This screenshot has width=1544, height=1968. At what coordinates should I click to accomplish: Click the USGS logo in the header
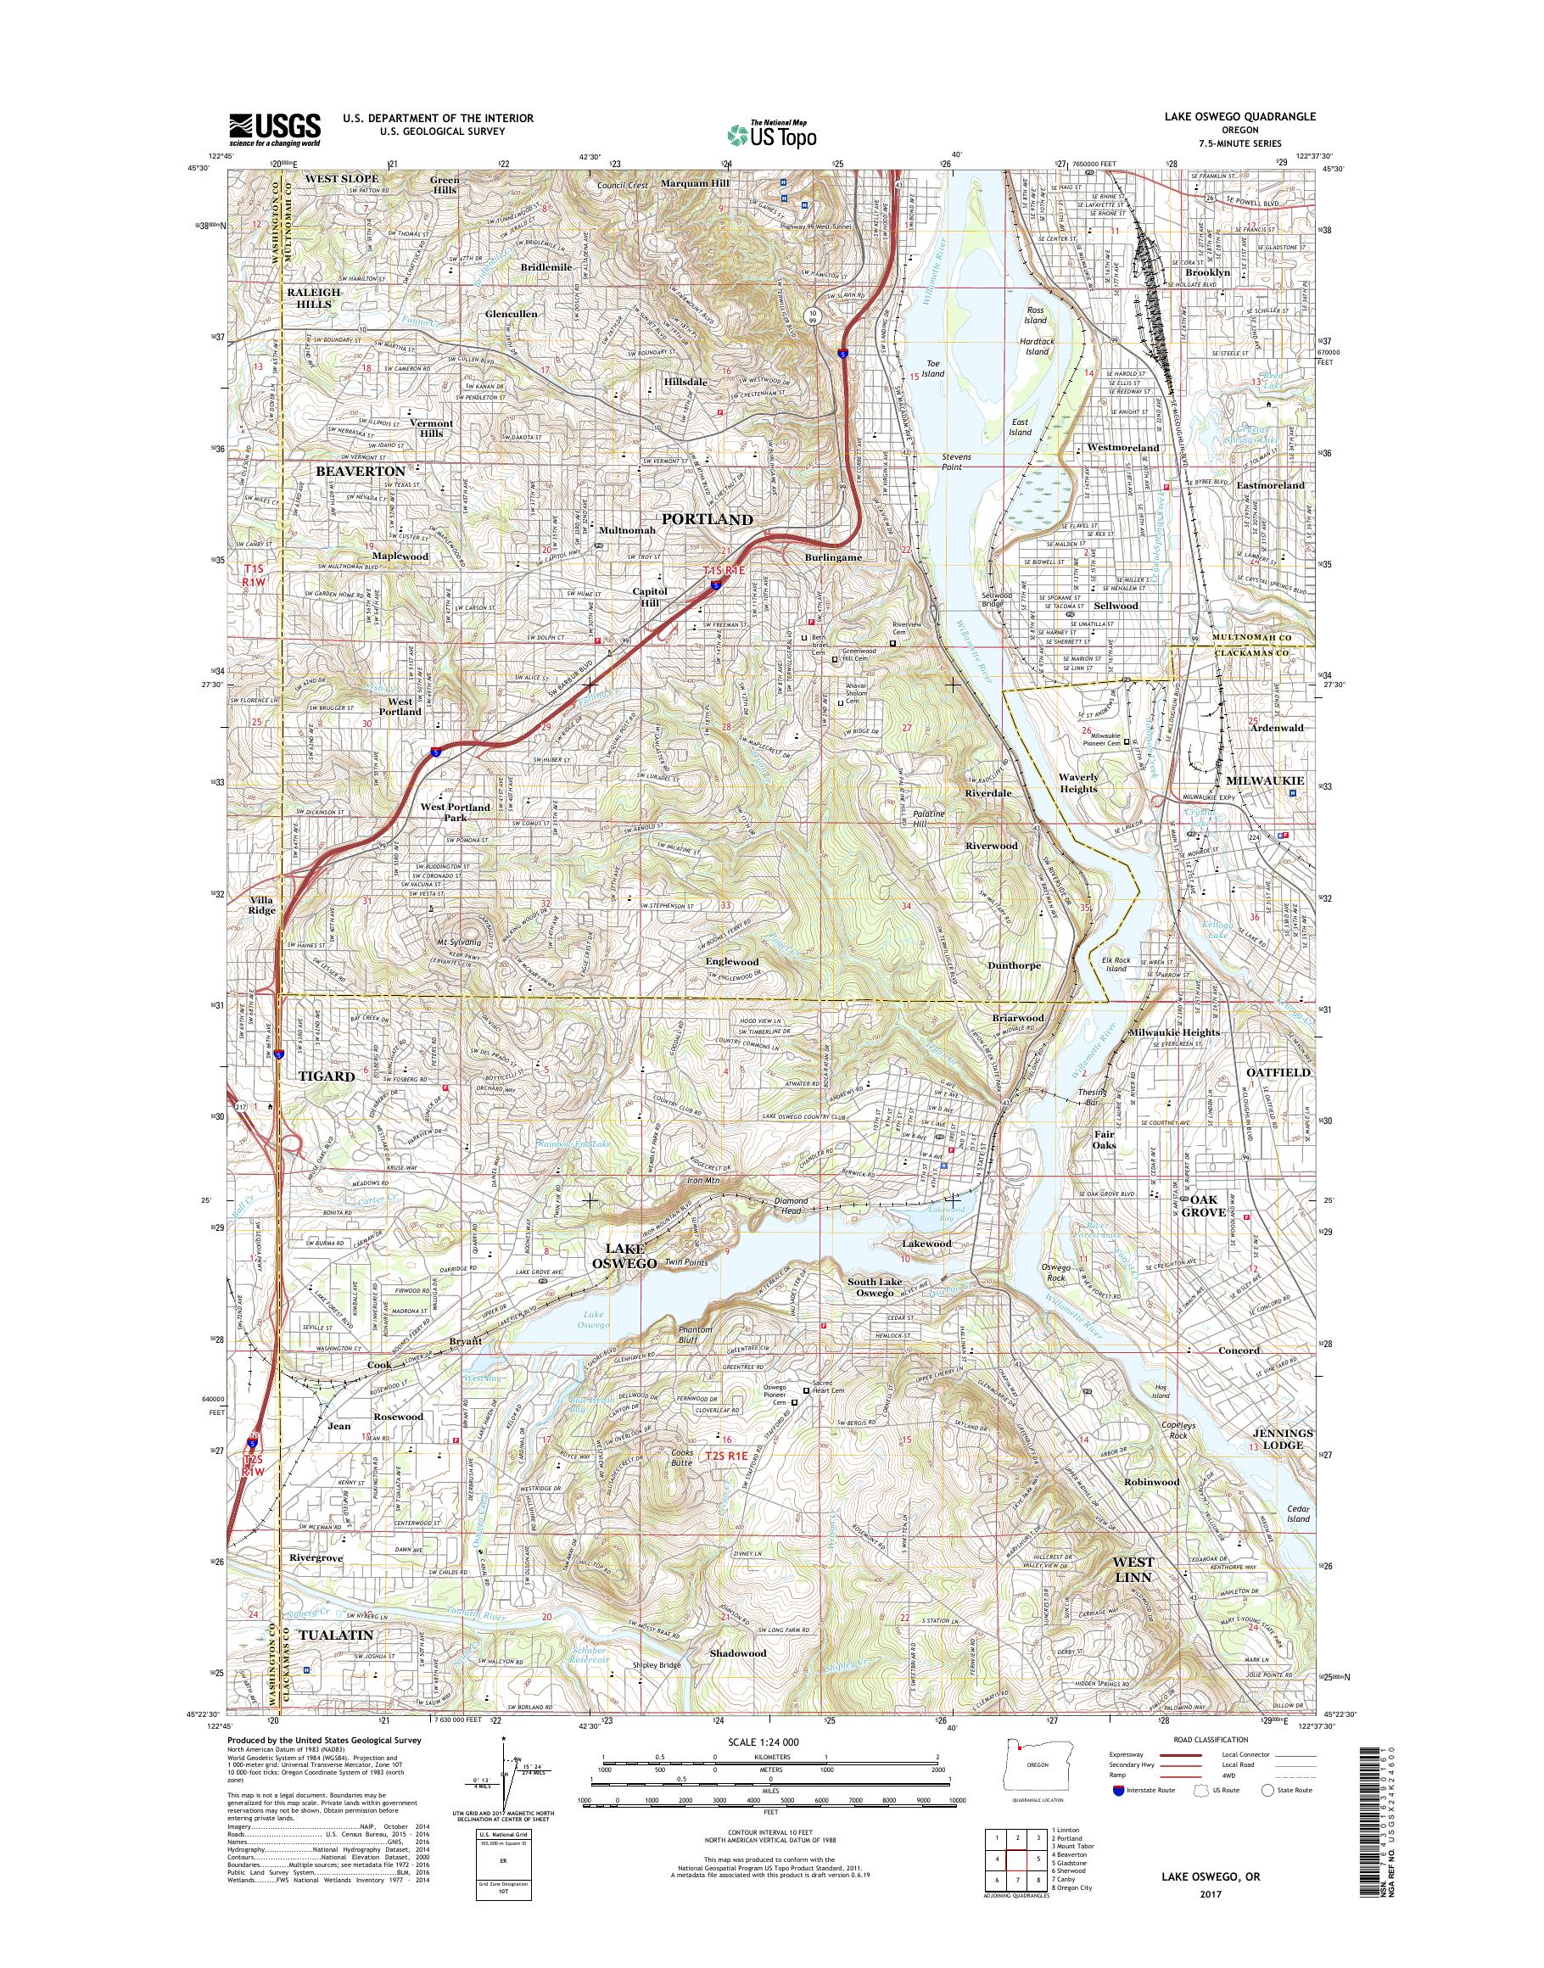click(x=275, y=129)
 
